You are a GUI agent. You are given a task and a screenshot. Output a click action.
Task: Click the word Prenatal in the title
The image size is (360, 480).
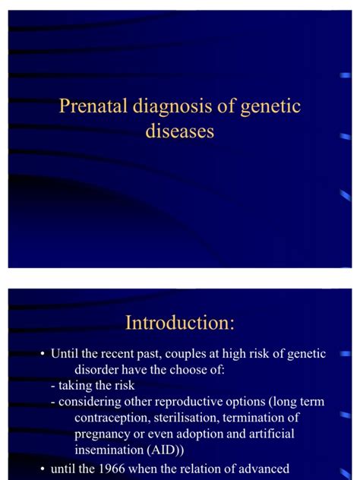93,106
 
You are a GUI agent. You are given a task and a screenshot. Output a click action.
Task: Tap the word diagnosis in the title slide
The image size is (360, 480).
172,108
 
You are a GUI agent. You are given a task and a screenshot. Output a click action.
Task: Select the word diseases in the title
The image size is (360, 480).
180,131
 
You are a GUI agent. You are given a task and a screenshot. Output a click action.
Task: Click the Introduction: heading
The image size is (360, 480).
180,322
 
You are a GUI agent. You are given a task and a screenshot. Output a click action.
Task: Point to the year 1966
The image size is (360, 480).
112,469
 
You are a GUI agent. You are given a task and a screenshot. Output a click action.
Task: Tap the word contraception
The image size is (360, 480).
112,418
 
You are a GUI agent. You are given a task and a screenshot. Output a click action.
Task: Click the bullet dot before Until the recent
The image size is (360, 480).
43,354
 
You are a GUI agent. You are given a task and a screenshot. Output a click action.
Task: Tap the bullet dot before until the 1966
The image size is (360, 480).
43,469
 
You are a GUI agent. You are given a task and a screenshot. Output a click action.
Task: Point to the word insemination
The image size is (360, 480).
109,450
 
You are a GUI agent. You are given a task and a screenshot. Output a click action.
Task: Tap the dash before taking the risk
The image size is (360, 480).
52,387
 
